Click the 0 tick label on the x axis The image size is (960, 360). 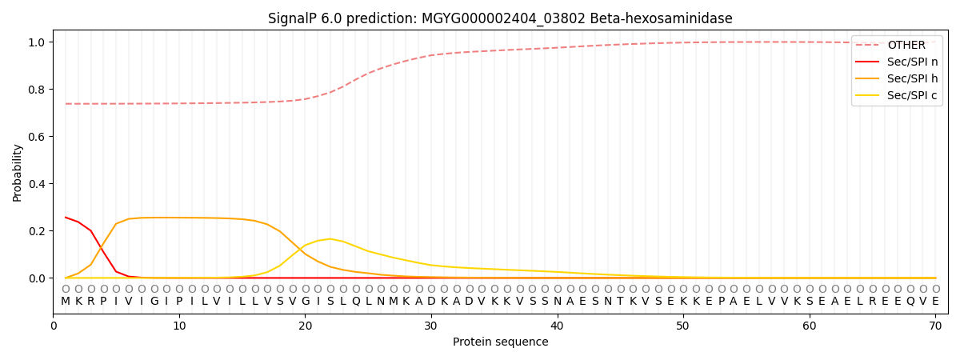coord(54,326)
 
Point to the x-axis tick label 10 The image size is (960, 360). coord(179,326)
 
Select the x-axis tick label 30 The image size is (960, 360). coord(431,326)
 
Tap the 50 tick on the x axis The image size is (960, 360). coord(683,326)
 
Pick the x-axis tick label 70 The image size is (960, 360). coord(935,326)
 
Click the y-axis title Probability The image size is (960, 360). coord(17,173)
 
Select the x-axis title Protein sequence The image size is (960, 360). coord(500,342)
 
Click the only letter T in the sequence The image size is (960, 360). coord(620,302)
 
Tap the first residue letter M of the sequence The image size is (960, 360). coord(66,302)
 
